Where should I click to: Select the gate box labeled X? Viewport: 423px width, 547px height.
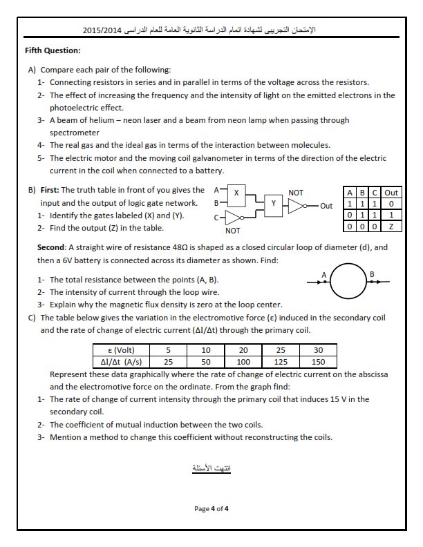tap(237, 192)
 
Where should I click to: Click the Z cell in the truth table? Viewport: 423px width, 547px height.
tap(392, 226)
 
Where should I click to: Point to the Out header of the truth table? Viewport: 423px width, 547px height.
tap(392, 193)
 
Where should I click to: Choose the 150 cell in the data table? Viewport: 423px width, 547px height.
tap(318, 361)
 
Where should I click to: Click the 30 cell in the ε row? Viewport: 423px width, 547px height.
tap(318, 350)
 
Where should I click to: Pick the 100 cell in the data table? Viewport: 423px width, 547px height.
tap(243, 361)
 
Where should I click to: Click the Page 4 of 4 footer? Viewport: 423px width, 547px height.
tap(211, 509)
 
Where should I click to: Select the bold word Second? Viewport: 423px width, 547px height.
tap(51, 247)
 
